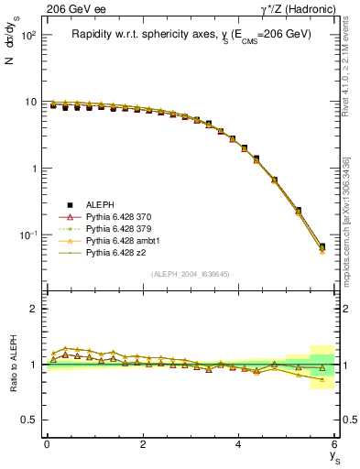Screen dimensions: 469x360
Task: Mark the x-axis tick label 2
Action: click(142, 443)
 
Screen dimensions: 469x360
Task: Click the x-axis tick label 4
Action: click(238, 443)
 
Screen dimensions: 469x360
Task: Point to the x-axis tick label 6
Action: click(334, 443)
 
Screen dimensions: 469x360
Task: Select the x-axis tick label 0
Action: click(47, 443)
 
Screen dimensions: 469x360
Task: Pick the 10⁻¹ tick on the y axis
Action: click(28, 235)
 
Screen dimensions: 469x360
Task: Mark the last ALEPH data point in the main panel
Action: click(322, 246)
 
